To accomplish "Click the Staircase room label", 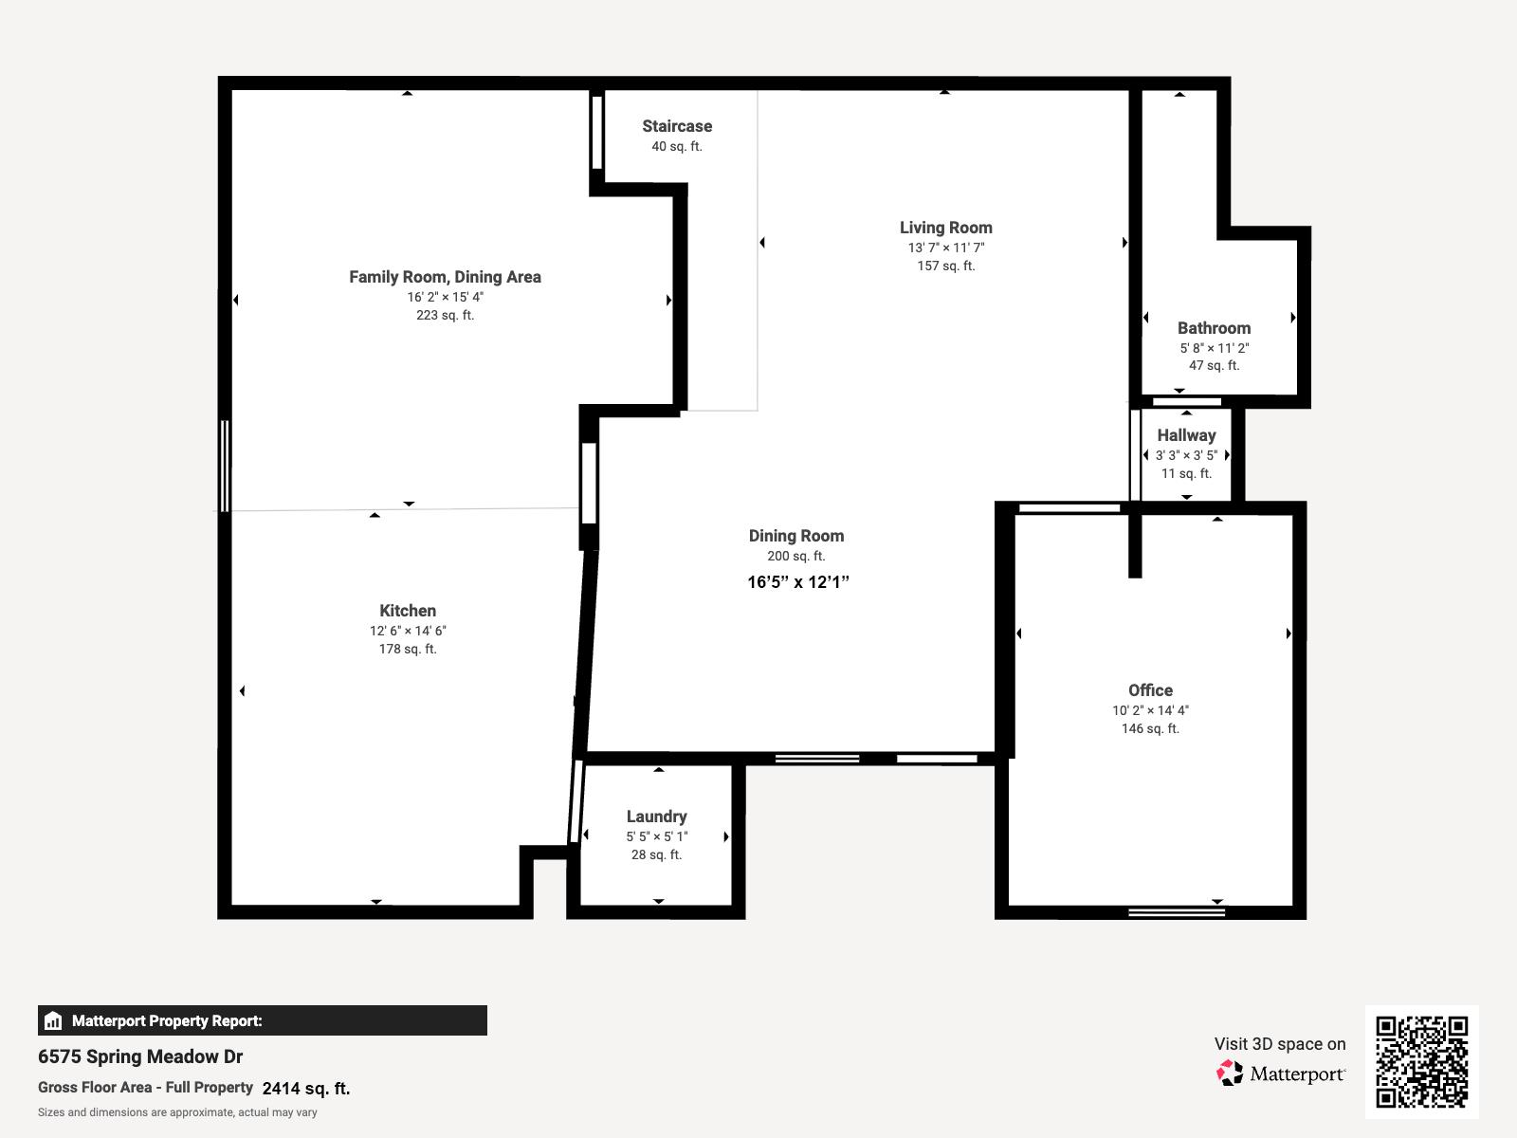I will (676, 126).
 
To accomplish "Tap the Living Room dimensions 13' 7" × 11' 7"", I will (945, 248).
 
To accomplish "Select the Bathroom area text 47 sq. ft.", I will (1214, 366).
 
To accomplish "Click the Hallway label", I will (1185, 435).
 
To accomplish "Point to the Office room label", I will (1149, 690).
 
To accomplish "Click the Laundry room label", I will (656, 817).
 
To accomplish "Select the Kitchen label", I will (408, 611).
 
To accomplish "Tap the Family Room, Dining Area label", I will (445, 277).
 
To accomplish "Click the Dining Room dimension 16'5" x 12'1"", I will (797, 582).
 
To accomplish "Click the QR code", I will (1421, 1061).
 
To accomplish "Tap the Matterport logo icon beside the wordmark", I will (1230, 1074).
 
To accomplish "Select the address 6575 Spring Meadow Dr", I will (140, 1056).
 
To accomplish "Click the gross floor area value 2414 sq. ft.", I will (305, 1089).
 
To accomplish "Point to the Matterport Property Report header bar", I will (262, 1020).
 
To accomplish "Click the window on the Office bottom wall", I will (1176, 912).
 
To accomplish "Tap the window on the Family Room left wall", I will (225, 466).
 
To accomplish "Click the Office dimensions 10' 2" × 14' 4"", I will (1149, 710).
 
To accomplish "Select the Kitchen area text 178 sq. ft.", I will (408, 650).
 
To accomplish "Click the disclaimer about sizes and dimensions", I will (177, 1112).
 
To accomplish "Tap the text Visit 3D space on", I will (1279, 1044).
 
